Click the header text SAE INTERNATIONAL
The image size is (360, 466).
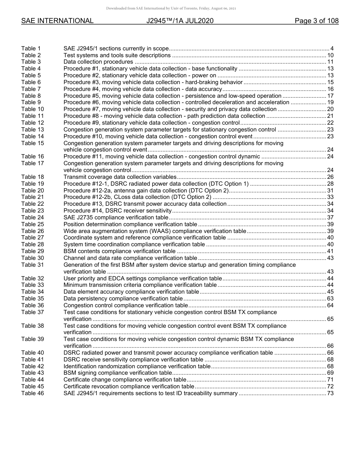(x=57, y=21)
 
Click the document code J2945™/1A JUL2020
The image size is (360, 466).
(x=180, y=21)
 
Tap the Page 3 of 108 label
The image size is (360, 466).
(x=316, y=21)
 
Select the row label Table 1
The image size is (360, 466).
(x=31, y=48)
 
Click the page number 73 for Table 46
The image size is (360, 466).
(x=330, y=393)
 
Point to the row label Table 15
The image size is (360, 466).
(x=33, y=143)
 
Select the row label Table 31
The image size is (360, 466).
(x=33, y=265)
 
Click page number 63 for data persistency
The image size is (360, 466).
(x=330, y=299)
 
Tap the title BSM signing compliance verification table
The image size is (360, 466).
(x=117, y=373)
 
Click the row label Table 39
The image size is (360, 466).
(x=33, y=339)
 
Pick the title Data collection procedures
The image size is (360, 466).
(x=98, y=62)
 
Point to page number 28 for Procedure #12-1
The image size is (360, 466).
(x=330, y=184)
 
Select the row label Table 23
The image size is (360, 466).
(x=33, y=211)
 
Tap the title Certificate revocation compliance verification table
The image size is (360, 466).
(x=129, y=386)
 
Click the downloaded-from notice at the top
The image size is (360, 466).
(x=171, y=8)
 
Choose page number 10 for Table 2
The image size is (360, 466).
(x=330, y=55)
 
